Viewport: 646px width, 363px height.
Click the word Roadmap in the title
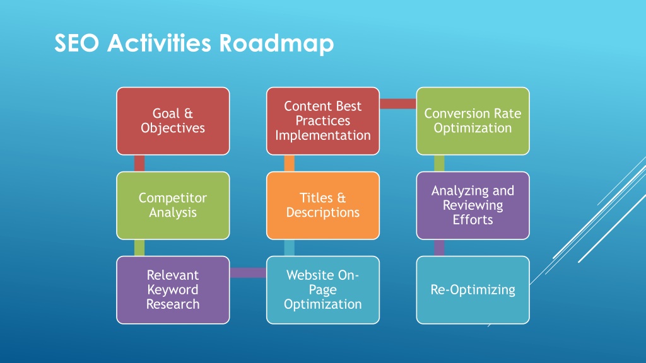pyautogui.click(x=276, y=43)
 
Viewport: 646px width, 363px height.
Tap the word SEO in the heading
pyautogui.click(x=76, y=43)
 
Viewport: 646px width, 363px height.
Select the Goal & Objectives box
pyautogui.click(x=173, y=121)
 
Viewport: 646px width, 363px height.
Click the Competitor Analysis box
pyautogui.click(x=173, y=205)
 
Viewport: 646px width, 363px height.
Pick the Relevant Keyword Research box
pyautogui.click(x=173, y=290)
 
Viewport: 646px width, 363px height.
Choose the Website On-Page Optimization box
pyautogui.click(x=323, y=290)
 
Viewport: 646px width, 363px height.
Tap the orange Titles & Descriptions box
pyautogui.click(x=323, y=205)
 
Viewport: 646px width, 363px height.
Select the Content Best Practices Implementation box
pyautogui.click(x=323, y=121)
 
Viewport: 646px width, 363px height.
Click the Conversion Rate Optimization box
pyautogui.click(x=473, y=121)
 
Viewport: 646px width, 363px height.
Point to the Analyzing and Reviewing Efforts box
pyautogui.click(x=473, y=205)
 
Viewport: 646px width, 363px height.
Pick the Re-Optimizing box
pyautogui.click(x=473, y=290)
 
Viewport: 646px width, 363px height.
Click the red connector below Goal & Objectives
pyautogui.click(x=139, y=163)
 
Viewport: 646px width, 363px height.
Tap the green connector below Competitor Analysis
pyautogui.click(x=139, y=248)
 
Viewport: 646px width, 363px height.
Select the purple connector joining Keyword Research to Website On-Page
pyautogui.click(x=248, y=273)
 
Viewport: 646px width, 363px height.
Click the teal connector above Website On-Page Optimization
pyautogui.click(x=289, y=248)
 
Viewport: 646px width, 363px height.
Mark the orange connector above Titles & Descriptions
pyautogui.click(x=289, y=163)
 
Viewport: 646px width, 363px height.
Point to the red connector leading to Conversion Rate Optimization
pyautogui.click(x=398, y=104)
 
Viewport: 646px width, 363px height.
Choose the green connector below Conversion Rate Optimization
pyautogui.click(x=439, y=163)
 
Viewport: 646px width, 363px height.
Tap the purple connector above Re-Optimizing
pyautogui.click(x=439, y=248)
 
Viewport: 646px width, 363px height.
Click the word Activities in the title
pyautogui.click(x=159, y=43)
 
